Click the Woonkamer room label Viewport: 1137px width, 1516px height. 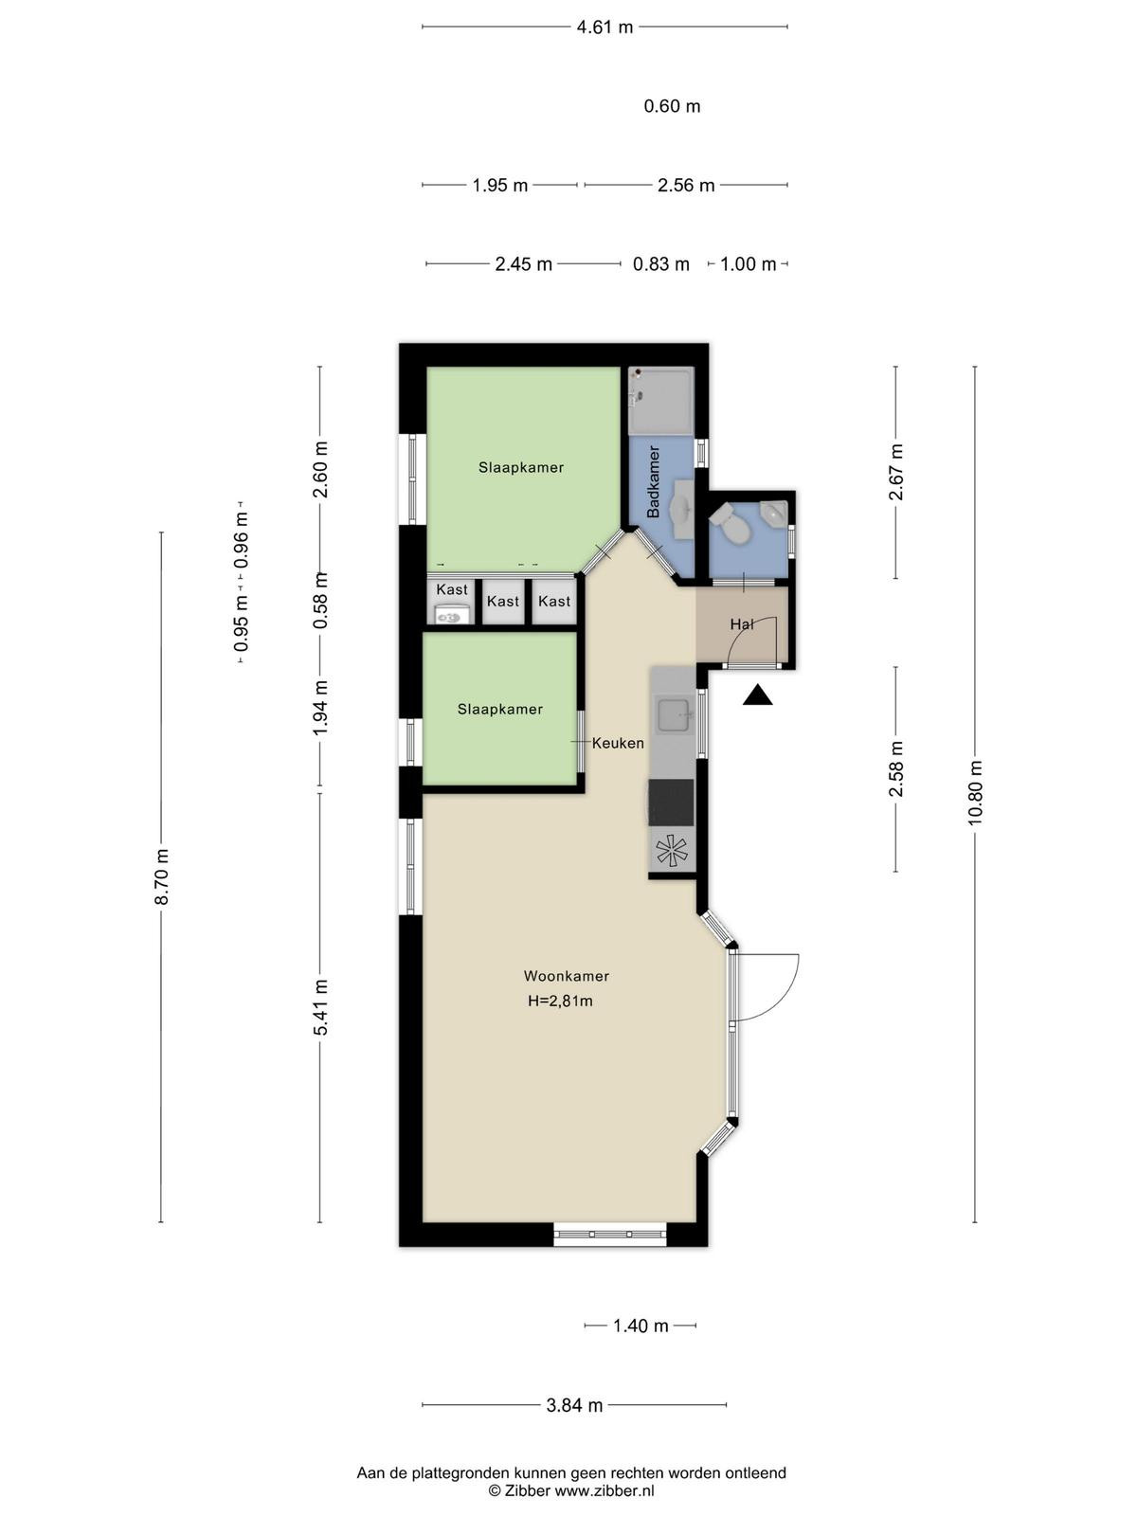pos(566,976)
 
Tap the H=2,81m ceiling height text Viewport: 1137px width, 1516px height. pos(560,1001)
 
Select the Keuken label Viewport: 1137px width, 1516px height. pos(618,743)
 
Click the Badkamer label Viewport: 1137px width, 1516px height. pos(653,481)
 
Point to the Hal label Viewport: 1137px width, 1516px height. pos(742,624)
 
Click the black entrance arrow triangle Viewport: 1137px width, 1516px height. pos(757,695)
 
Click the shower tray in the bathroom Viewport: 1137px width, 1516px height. pos(660,401)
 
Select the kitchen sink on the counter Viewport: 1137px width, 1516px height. pos(675,714)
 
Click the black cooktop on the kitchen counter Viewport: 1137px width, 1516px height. pos(671,803)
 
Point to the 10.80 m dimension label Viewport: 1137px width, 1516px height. pos(975,793)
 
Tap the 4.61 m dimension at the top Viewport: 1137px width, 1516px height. pos(605,27)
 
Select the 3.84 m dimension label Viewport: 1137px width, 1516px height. pos(574,1405)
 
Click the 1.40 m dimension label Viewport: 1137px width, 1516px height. pos(641,1326)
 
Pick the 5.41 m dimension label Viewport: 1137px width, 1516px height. pos(320,1008)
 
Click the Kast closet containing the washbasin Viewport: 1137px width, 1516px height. pos(452,602)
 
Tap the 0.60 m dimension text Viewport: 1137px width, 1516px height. pos(672,106)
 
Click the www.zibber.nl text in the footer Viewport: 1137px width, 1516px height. pos(605,1491)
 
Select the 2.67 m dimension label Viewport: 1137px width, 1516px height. pos(896,473)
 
